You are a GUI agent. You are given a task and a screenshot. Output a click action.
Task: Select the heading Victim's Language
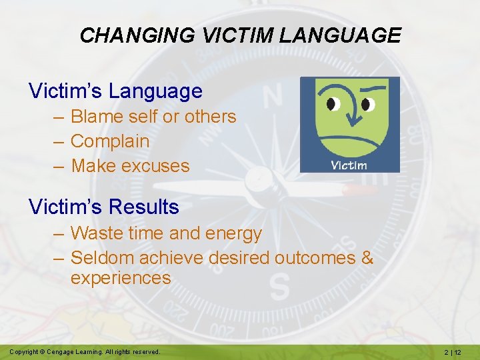coord(115,91)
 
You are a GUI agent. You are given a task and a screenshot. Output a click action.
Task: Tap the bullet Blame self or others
coord(153,117)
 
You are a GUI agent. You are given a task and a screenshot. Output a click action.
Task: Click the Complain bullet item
coord(110,141)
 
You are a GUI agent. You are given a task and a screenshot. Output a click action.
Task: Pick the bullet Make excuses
coord(130,166)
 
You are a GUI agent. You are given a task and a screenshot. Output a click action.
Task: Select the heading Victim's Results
coord(104,207)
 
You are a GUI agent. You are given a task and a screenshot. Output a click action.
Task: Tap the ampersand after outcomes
coord(367,257)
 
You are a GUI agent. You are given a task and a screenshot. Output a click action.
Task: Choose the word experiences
coord(121,278)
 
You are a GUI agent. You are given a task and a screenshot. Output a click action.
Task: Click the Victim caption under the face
coord(349,165)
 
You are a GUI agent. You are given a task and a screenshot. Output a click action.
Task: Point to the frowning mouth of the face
coord(349,143)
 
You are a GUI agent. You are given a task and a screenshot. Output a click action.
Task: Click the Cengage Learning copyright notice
coord(85,351)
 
